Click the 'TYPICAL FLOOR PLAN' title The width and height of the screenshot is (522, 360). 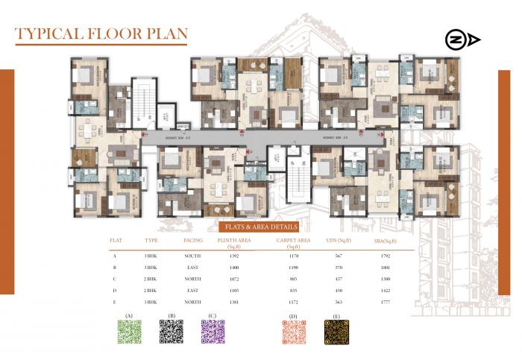point(101,34)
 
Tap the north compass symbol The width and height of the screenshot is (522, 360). point(462,40)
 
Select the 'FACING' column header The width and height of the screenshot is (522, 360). point(193,241)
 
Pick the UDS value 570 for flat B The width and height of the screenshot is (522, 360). point(339,267)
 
